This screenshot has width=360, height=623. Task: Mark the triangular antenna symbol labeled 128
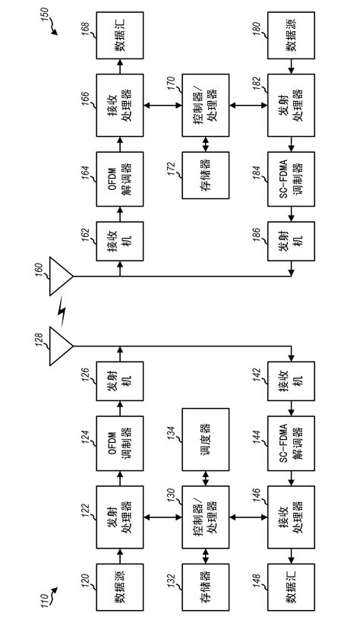tap(61, 346)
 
